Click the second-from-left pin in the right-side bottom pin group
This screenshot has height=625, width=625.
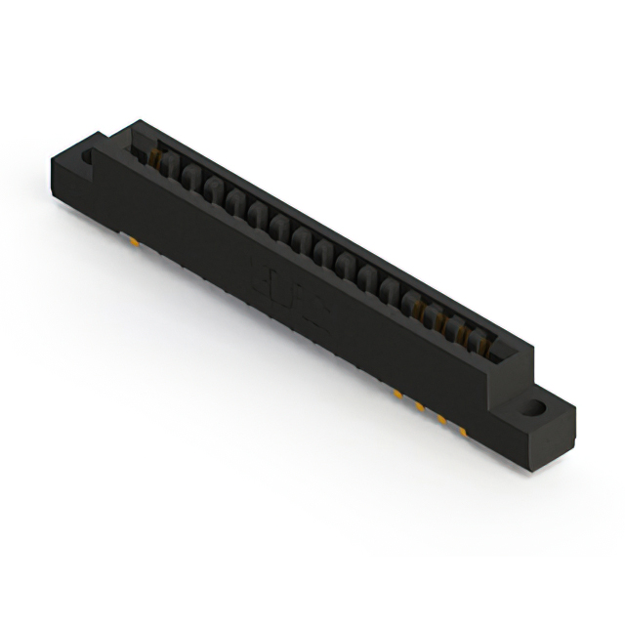[419, 405]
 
